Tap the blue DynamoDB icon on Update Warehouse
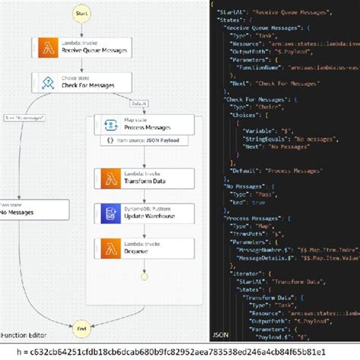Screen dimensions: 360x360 [109, 213]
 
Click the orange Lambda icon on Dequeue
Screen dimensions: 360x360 [109, 248]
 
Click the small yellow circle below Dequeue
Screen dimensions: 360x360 [145, 271]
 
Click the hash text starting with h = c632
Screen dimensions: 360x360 [179, 352]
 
